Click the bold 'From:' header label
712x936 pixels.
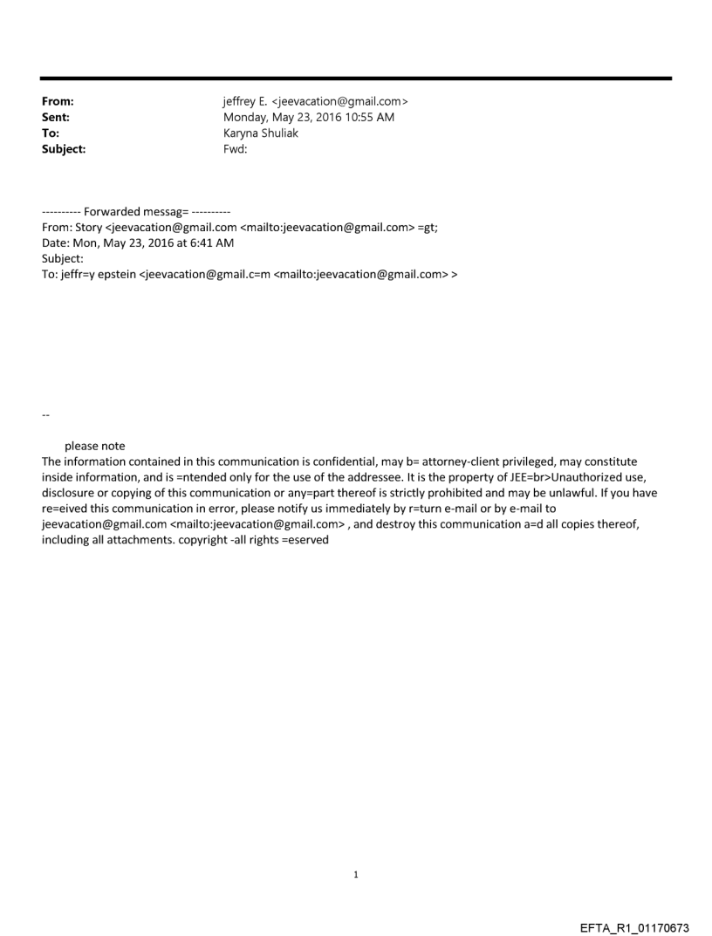[x=58, y=102]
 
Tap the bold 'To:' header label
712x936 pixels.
[x=51, y=133]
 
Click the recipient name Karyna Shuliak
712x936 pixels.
[x=262, y=133]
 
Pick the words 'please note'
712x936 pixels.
[x=94, y=446]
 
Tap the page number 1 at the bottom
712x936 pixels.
[x=356, y=875]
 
